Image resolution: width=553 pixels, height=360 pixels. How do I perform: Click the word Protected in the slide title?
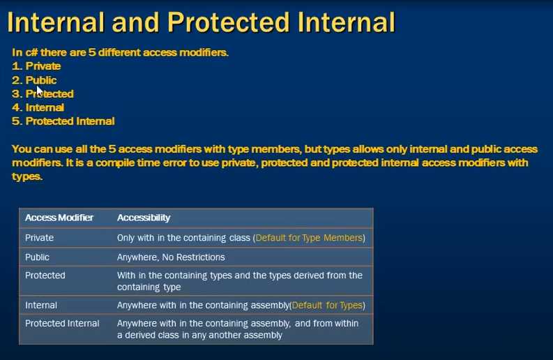[x=229, y=22]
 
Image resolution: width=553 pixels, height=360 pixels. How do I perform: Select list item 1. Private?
[x=36, y=66]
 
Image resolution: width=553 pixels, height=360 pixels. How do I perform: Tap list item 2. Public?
[x=34, y=80]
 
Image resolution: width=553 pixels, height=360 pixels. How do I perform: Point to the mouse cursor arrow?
[x=40, y=91]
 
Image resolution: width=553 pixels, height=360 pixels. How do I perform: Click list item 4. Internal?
[x=38, y=107]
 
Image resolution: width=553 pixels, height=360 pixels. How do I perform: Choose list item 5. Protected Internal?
[x=63, y=121]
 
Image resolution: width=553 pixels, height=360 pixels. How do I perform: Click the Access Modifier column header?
[x=59, y=218]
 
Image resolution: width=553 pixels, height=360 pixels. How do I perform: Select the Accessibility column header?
[x=144, y=218]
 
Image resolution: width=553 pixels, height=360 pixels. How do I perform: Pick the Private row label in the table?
[x=39, y=237]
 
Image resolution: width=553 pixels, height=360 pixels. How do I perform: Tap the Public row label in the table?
[x=37, y=257]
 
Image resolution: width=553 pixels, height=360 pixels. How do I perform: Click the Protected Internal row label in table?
[x=62, y=323]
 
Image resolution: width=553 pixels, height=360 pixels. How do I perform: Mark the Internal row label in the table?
[x=41, y=305]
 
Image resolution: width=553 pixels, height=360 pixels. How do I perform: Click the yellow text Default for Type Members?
[x=309, y=237]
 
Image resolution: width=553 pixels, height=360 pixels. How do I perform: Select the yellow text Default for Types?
[x=327, y=305]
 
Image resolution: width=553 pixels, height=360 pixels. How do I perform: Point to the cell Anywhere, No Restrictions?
[x=171, y=257]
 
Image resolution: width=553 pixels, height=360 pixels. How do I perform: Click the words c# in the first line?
[x=32, y=52]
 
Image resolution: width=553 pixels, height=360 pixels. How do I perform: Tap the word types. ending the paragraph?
[x=27, y=177]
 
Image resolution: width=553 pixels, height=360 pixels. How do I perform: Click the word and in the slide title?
[x=135, y=22]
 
